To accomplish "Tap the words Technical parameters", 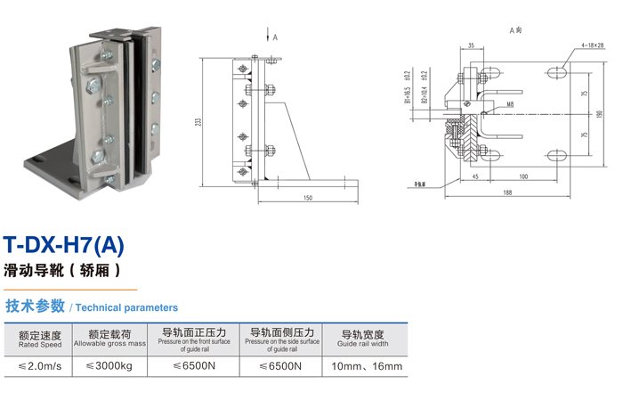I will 126,307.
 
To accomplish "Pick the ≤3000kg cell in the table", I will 109,366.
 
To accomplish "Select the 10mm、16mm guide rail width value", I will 366,366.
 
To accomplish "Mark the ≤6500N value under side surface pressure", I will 280,366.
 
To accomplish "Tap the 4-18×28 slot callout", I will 584,44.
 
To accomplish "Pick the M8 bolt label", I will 510,104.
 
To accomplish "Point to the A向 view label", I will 515,30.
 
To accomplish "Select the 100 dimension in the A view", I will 522,177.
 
